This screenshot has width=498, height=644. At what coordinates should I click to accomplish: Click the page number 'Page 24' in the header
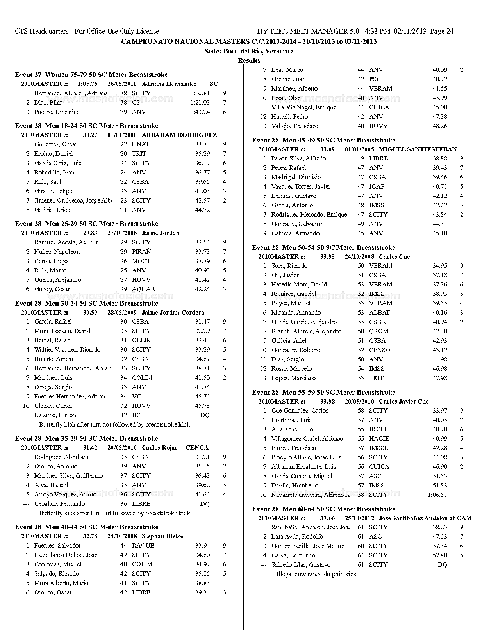(441, 32)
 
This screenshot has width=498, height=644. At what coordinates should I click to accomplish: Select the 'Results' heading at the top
(249, 60)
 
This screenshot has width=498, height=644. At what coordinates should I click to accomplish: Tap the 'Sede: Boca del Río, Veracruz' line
(249, 51)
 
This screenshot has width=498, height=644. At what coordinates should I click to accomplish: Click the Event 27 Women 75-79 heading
(91, 75)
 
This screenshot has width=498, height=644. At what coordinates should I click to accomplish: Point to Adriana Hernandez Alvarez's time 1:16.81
(200, 93)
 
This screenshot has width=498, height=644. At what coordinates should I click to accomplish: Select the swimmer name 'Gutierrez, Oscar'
(56, 144)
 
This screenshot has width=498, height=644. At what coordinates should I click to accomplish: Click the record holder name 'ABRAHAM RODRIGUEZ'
(179, 135)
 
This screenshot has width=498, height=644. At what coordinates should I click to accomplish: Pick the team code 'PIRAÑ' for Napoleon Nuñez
(141, 252)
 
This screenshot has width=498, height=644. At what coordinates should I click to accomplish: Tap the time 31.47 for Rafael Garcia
(202, 322)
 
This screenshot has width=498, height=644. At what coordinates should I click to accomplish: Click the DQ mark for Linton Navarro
(205, 415)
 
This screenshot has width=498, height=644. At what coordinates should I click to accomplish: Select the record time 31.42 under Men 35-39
(90, 448)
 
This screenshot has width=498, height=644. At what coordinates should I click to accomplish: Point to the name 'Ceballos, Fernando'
(59, 504)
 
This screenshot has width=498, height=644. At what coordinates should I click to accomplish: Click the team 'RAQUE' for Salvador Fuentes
(143, 546)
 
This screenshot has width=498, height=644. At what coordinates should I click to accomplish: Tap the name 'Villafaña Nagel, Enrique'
(303, 107)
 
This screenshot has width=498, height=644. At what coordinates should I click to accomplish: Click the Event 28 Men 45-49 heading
(323, 140)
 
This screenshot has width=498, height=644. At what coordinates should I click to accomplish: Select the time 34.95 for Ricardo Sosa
(440, 266)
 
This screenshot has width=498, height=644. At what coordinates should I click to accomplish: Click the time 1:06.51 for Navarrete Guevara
(437, 495)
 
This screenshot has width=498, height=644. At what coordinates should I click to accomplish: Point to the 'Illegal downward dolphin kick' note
(316, 574)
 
